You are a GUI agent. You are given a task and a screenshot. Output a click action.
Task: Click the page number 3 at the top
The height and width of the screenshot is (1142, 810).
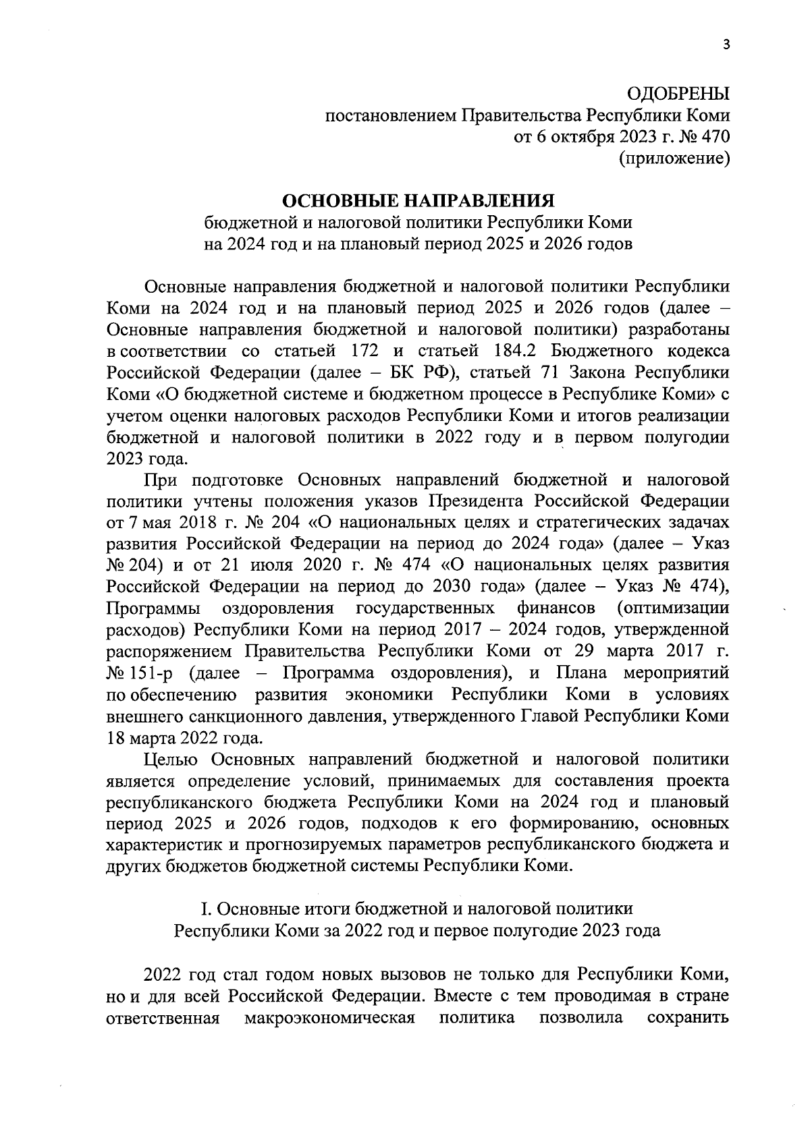[x=726, y=45]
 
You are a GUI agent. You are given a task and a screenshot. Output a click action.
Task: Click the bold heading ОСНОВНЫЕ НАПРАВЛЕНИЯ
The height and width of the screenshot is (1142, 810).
[x=418, y=201]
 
